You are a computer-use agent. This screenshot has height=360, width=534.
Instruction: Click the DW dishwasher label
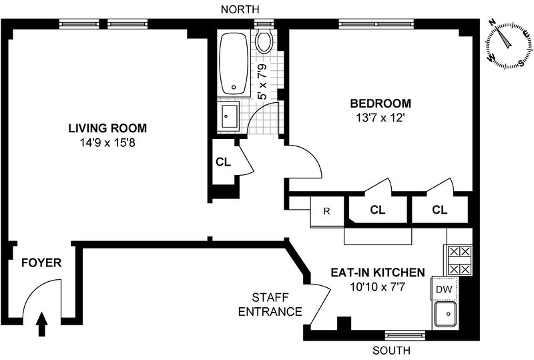tap(444, 289)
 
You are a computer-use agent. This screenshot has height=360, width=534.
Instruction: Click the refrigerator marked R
tap(327, 211)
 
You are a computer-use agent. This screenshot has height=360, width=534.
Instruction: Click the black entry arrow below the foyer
tap(42, 324)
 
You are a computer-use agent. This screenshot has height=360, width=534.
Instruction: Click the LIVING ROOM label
tap(107, 128)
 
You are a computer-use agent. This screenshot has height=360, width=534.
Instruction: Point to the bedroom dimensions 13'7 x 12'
tap(380, 118)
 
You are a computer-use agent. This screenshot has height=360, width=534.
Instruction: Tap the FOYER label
tap(41, 263)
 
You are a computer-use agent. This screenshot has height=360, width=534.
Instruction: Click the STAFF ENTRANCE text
tap(270, 305)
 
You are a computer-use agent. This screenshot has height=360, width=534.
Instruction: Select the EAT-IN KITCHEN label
tap(378, 273)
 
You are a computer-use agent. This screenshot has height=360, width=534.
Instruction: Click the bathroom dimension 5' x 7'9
tap(262, 81)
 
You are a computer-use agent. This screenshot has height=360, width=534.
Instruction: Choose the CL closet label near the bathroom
tap(224, 162)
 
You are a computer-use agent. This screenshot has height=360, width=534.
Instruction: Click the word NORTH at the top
tap(240, 9)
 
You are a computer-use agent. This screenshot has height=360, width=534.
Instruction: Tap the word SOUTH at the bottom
tap(391, 351)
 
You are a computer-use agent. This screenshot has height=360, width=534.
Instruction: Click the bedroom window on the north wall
tap(376, 24)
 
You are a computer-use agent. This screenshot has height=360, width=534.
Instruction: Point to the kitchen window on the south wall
tap(405, 335)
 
